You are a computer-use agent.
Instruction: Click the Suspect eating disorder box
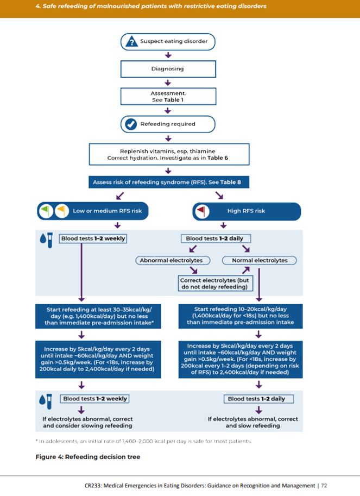[x=168, y=41]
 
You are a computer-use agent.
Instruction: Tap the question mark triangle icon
[x=131, y=41]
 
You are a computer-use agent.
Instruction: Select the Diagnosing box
[x=168, y=69]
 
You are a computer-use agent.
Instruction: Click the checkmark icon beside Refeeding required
[x=131, y=124]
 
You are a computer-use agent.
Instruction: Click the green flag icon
[x=47, y=211]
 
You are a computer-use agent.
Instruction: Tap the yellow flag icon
[x=61, y=211]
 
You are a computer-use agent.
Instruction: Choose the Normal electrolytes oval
[x=260, y=261]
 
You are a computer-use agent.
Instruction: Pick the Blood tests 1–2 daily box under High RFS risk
[x=215, y=238]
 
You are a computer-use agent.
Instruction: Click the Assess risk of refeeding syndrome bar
[x=168, y=183]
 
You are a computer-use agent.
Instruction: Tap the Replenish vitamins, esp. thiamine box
[x=168, y=154]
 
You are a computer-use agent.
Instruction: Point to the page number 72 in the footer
[x=324, y=485]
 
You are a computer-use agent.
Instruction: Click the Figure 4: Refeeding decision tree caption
[x=88, y=457]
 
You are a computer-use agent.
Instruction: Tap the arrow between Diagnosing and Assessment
[x=168, y=83]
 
